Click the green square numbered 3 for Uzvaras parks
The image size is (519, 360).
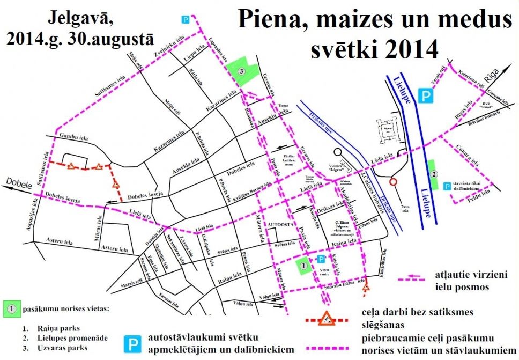pos(242,71)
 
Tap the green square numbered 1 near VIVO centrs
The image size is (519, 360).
pos(303,266)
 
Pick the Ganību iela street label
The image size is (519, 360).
pos(73,138)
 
